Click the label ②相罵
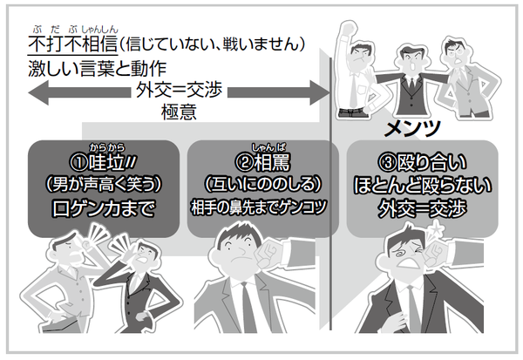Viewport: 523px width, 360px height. coord(262,163)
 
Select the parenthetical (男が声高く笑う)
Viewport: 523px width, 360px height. coord(102,185)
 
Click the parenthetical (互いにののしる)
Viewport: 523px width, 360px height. coord(262,185)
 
